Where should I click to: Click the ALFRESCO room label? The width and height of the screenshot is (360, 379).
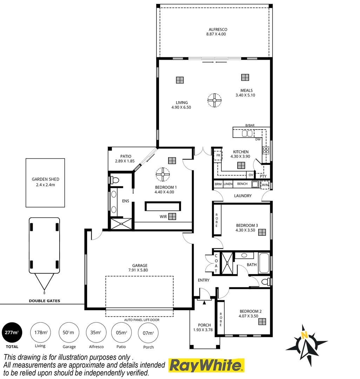tap(218, 29)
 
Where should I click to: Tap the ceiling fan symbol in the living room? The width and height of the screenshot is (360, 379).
tap(214, 100)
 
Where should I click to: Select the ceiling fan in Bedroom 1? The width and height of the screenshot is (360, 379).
tap(163, 174)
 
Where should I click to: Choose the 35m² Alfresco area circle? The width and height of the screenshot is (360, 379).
tap(96, 332)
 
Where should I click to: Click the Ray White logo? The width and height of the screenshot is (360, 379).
tap(207, 365)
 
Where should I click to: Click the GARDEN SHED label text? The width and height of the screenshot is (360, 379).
tap(45, 179)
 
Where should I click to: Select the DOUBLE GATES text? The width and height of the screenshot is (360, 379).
tap(44, 301)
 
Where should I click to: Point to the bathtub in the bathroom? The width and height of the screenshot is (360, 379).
tap(264, 264)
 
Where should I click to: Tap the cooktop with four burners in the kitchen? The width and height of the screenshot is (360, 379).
tap(266, 150)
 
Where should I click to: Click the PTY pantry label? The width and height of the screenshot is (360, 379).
tap(263, 176)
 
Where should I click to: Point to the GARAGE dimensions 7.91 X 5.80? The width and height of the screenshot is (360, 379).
tap(140, 270)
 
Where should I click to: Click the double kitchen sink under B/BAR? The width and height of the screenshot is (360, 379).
tap(247, 133)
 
